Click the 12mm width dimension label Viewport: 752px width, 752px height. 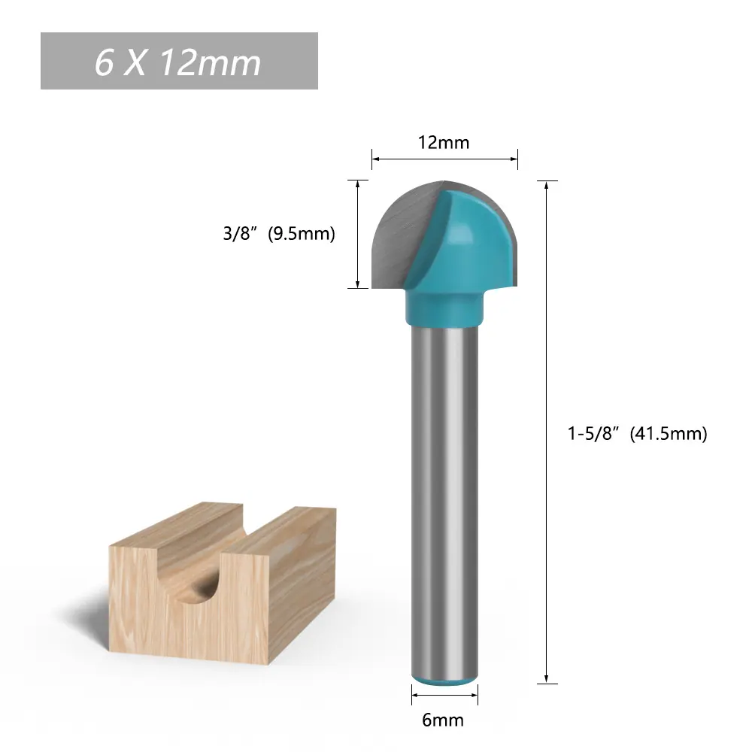coord(444,142)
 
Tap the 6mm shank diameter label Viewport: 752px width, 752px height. coord(443,720)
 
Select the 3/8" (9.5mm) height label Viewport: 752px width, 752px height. coord(279,234)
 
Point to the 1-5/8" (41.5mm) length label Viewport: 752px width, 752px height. coord(638,434)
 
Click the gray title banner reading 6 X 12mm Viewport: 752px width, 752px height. coord(179,61)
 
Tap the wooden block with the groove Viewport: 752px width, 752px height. coord(223,583)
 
